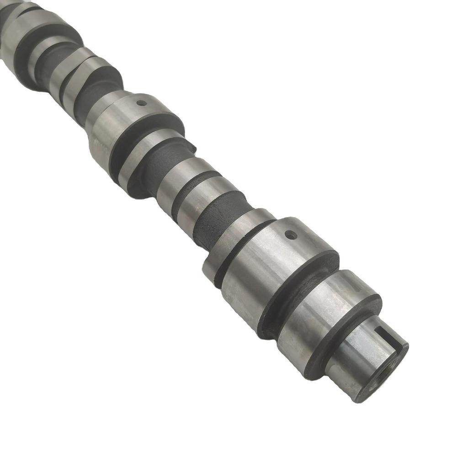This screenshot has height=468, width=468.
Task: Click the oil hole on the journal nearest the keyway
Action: pyautogui.click(x=291, y=235)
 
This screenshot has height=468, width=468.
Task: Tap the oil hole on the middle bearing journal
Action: pyautogui.click(x=142, y=103)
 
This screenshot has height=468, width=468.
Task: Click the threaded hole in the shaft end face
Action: pyautogui.click(x=386, y=375)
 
